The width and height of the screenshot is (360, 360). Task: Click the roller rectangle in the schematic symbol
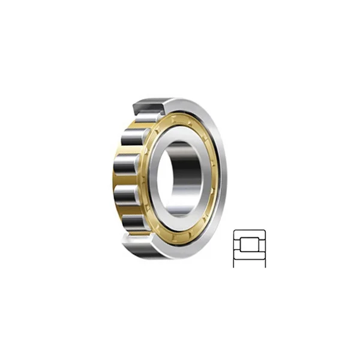(x=248, y=245)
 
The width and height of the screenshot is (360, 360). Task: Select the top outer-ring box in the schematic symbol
(x=248, y=234)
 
